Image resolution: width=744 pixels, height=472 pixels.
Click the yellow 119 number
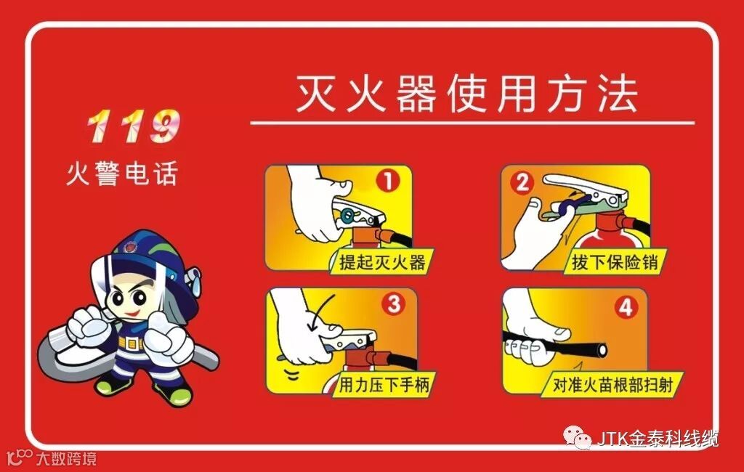pos(134,126)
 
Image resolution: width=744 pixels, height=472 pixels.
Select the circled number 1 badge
pos(388,181)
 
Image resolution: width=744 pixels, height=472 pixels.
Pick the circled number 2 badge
pos(522,183)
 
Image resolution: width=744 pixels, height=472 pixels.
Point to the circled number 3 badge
pos(395,304)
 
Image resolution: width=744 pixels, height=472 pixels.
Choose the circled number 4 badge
pos(626,308)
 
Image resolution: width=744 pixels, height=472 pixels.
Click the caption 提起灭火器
pos(382,262)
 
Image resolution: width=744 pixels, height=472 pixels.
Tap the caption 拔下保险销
pos(615,262)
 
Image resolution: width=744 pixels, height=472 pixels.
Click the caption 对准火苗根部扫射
pos(612,385)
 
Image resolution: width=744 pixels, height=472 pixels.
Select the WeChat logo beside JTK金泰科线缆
pos(577,436)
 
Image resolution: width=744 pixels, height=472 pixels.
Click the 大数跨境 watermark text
pos(66,459)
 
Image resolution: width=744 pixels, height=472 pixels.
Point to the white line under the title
pos(472,123)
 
